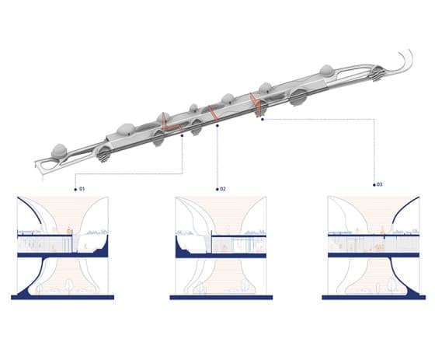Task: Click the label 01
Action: click(x=82, y=189)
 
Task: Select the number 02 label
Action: click(x=223, y=189)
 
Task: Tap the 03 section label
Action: click(x=379, y=184)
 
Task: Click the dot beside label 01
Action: click(x=75, y=190)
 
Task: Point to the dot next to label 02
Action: click(x=217, y=190)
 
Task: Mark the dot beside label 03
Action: click(x=374, y=185)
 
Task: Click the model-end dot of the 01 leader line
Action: click(x=182, y=135)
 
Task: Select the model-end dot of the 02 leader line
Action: click(x=217, y=125)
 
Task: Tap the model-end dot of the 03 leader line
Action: click(x=263, y=120)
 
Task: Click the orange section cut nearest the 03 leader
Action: click(x=256, y=104)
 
